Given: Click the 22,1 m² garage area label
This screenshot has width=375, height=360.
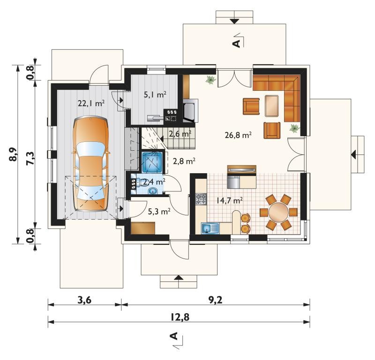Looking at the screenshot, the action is [91, 103].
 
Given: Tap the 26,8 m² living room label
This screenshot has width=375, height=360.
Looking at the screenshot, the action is [238, 135].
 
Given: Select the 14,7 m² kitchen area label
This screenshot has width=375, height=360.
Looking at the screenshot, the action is [230, 200].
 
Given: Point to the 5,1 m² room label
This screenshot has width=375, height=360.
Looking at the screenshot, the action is [155, 95].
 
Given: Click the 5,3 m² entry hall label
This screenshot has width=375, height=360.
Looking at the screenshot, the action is [159, 212].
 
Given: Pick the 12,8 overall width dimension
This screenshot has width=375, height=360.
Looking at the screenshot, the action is [180, 317].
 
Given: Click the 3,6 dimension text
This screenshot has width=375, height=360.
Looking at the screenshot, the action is [84, 300].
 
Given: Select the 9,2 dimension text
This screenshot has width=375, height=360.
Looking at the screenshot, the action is [216, 300].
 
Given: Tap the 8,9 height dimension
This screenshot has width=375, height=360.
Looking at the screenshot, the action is [14, 154].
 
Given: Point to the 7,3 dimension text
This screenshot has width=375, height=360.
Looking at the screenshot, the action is [31, 159].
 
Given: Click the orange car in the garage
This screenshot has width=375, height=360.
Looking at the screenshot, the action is [90, 164].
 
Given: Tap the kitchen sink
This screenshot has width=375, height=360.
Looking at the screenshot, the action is [210, 228].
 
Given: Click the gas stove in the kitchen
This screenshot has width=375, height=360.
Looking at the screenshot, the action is [201, 199].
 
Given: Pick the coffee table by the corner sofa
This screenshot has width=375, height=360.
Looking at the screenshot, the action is [272, 106].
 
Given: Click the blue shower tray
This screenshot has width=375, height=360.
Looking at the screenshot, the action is [152, 162].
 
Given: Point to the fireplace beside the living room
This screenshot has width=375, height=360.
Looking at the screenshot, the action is [191, 110].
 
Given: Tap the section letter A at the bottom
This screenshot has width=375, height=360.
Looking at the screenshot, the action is [174, 336].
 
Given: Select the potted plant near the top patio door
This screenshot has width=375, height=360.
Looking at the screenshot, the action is [210, 80].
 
